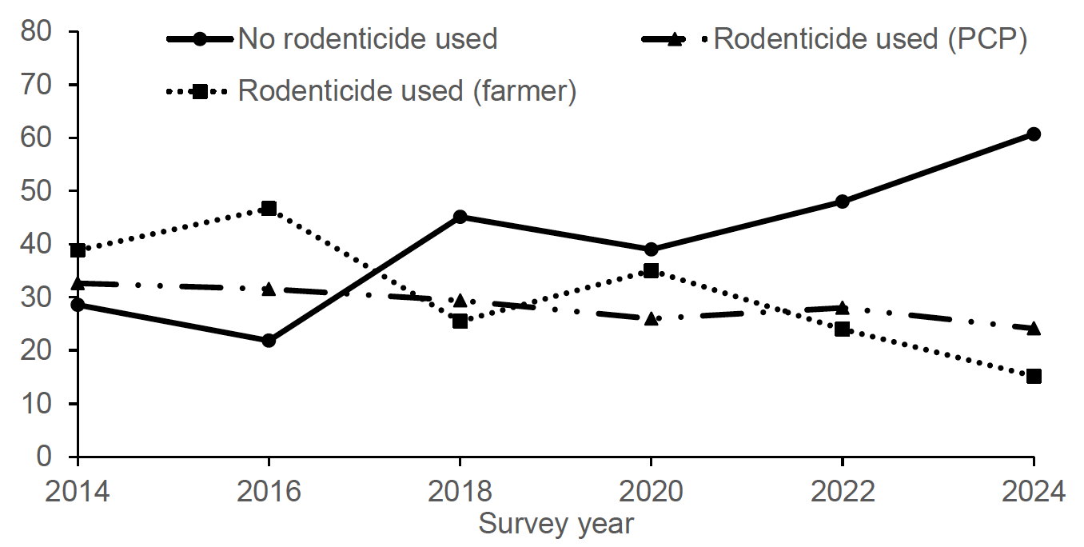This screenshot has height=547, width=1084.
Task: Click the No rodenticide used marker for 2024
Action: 1033,134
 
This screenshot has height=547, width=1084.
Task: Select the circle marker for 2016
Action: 269,341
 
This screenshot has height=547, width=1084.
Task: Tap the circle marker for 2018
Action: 460,217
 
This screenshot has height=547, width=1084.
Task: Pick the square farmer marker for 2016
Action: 269,209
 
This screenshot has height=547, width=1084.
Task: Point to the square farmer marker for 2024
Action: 1033,376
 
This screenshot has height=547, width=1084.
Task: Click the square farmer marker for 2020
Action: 651,270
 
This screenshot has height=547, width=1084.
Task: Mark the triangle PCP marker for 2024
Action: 1033,328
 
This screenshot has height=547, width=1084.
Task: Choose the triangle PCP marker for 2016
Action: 269,289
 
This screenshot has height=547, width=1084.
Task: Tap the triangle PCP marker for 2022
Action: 842,307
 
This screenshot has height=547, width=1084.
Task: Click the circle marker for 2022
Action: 842,202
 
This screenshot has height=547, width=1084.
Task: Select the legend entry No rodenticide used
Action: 368,38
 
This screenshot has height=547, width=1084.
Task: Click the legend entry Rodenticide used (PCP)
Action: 870,38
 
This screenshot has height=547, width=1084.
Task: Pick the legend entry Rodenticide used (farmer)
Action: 407,91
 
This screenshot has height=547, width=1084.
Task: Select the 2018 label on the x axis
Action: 460,490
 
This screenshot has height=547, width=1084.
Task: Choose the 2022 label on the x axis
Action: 842,490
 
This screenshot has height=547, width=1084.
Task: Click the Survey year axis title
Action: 556,525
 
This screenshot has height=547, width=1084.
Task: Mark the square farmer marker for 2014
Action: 78,250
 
